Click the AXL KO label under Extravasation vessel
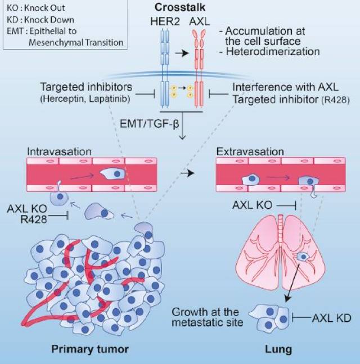pyautogui.click(x=250, y=205)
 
